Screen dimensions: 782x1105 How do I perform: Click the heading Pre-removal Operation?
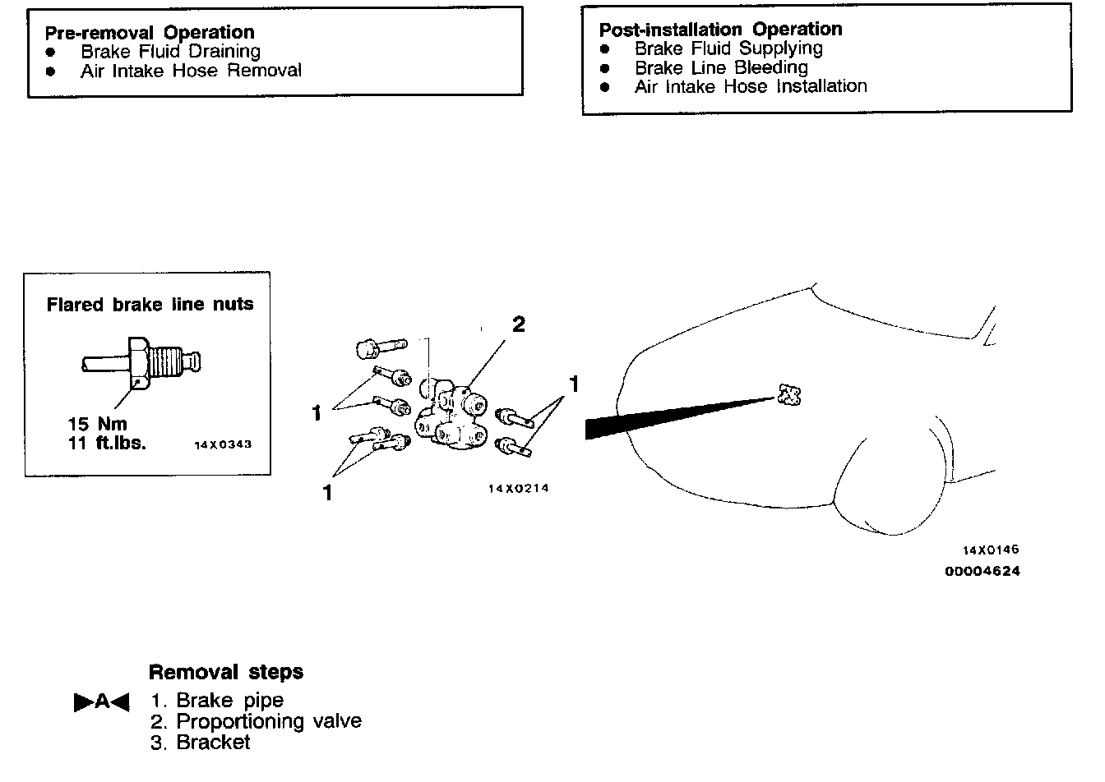[x=149, y=33]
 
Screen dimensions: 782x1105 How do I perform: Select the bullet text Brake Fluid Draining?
[x=170, y=52]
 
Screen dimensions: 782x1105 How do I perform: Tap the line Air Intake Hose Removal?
[x=191, y=71]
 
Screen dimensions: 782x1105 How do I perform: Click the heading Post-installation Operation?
[x=720, y=30]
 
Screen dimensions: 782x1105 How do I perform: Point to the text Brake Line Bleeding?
[x=721, y=67]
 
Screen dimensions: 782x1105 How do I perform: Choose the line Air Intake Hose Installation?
[x=751, y=86]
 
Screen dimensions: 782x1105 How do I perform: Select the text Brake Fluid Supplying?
[x=728, y=48]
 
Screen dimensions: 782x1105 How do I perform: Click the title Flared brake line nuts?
[x=150, y=305]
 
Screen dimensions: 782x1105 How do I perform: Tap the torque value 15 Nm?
[x=97, y=425]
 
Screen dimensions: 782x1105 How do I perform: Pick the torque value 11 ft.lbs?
[x=107, y=444]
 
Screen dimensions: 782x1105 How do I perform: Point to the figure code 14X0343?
[x=223, y=444]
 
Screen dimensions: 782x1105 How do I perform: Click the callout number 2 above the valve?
[x=519, y=324]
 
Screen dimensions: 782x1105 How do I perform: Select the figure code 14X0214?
[x=518, y=489]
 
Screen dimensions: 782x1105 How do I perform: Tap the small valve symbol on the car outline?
[x=789, y=395]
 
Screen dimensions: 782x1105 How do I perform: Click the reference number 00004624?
[x=982, y=571]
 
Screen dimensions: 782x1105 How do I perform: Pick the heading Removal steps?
[x=226, y=672]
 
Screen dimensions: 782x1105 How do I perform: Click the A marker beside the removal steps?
[x=102, y=701]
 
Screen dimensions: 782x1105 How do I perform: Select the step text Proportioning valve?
[x=269, y=721]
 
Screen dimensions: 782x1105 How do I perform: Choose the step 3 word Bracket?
[x=213, y=742]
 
